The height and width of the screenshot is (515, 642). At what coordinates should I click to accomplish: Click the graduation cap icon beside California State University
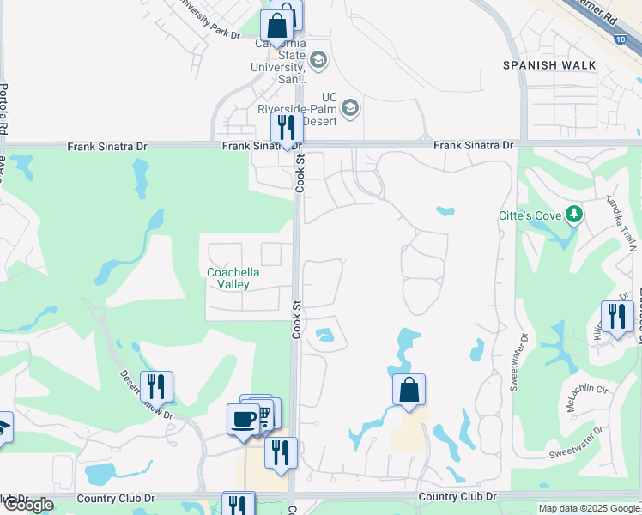click(x=318, y=59)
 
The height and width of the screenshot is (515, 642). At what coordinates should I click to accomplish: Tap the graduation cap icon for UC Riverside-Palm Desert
click(x=349, y=108)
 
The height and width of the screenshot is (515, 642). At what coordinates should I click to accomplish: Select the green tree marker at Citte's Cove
click(x=572, y=215)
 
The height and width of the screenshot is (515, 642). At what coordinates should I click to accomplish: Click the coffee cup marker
click(x=243, y=420)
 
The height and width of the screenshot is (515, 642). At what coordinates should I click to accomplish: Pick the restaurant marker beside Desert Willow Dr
click(x=155, y=387)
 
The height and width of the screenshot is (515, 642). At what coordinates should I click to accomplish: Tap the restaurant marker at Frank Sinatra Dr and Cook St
click(x=287, y=129)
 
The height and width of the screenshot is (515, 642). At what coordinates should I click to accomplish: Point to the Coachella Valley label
click(x=228, y=278)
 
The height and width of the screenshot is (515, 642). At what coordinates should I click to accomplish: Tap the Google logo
click(x=28, y=505)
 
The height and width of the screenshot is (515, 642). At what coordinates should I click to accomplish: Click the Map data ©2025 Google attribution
click(x=589, y=508)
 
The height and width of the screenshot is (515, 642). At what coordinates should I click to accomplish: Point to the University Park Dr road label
click(x=207, y=18)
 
